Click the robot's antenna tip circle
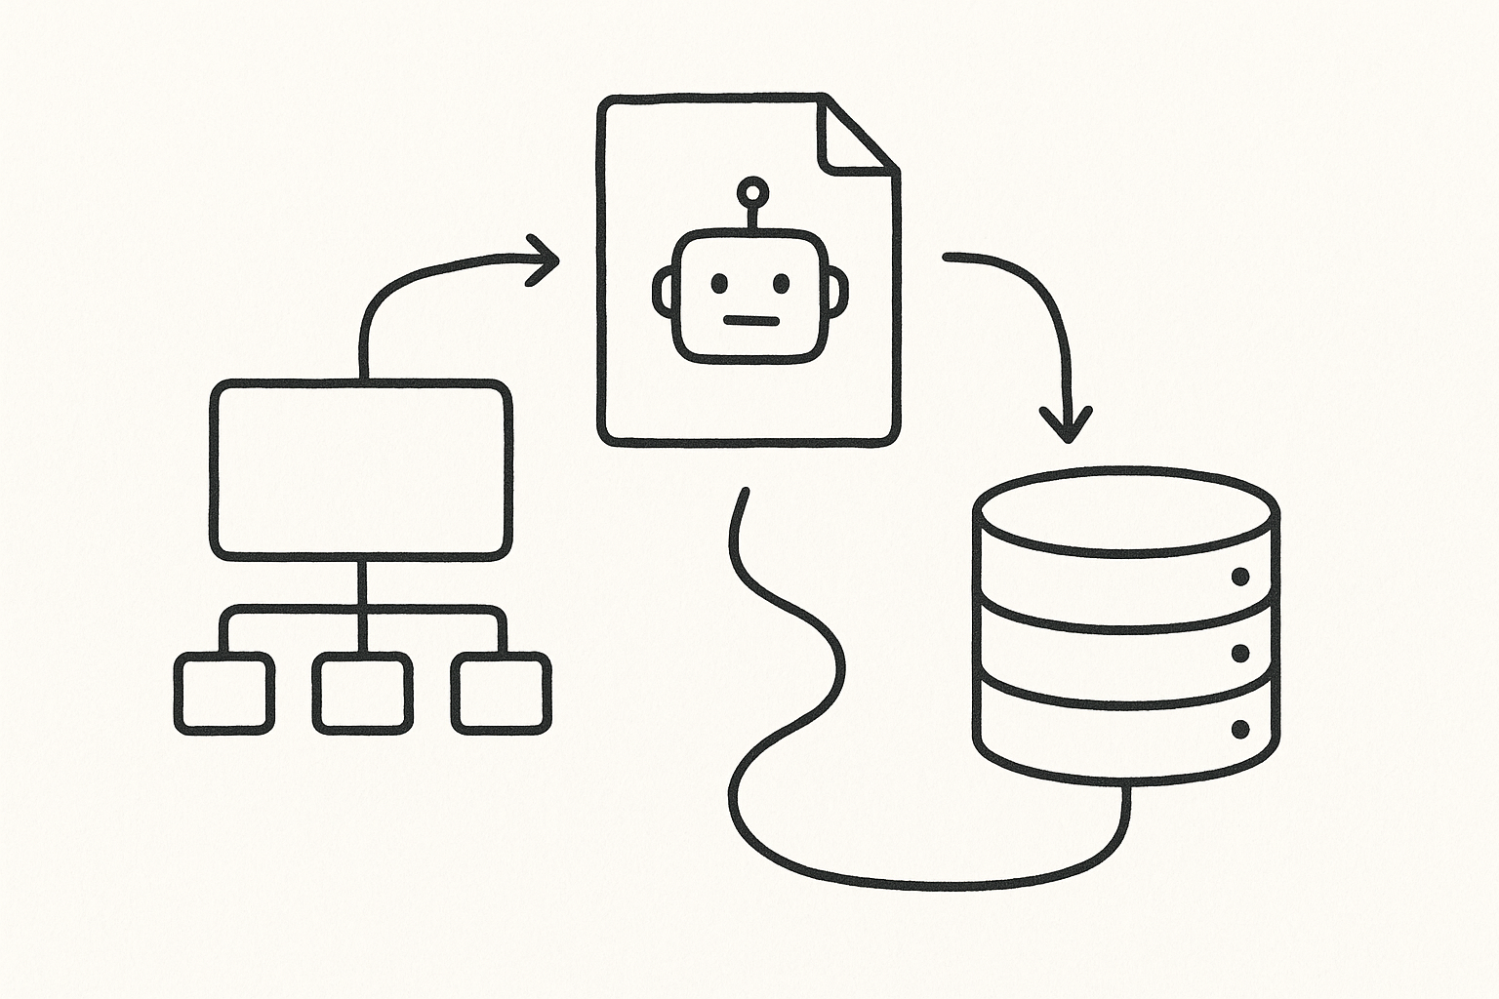coord(750,188)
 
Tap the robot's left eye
coord(718,284)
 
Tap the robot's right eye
coord(781,284)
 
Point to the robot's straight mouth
coord(749,319)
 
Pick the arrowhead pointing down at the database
coord(1067,427)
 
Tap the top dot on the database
coord(1240,577)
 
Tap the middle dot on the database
coord(1240,653)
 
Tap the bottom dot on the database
coord(1240,729)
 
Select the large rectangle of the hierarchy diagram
coord(360,471)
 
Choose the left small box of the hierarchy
coord(223,695)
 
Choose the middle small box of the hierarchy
coord(361,695)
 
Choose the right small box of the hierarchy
coord(500,695)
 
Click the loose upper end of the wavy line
coord(745,491)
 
